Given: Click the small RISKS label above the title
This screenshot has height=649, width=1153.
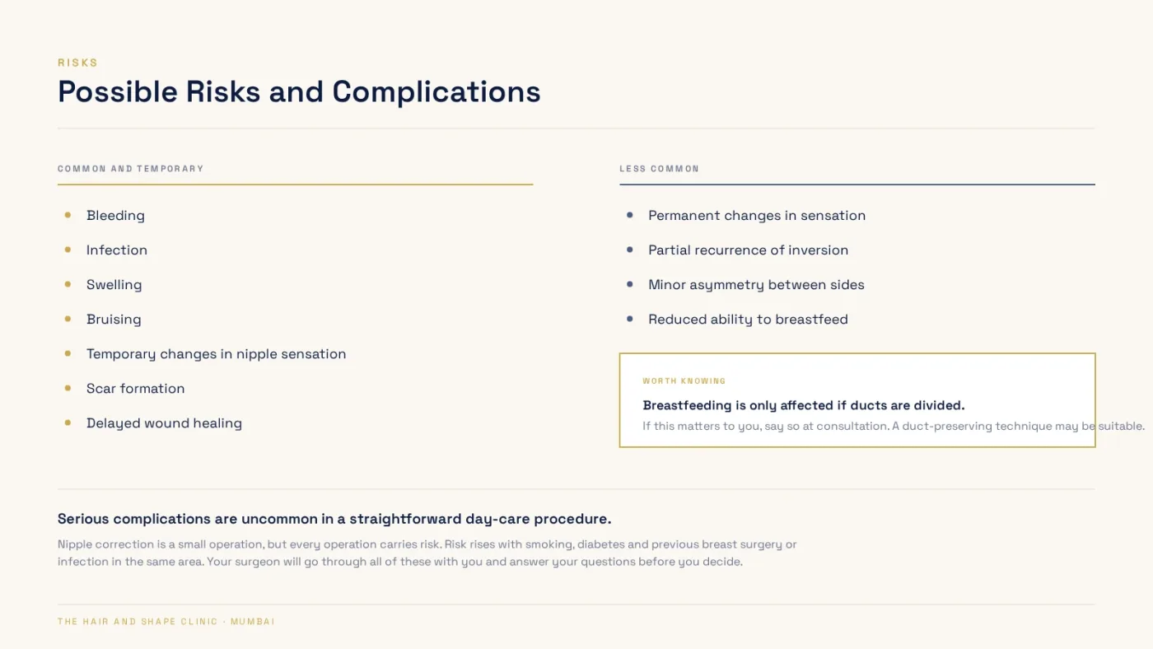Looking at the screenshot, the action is pos(77,63).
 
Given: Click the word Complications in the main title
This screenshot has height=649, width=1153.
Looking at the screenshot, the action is pos(436,91).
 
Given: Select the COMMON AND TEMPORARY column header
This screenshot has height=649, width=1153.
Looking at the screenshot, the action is pos(131,169).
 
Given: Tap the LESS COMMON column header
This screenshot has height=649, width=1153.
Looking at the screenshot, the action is pos(660,169).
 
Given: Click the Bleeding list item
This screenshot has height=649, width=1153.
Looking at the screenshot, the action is pos(115,215).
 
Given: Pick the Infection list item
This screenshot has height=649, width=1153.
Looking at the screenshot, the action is pos(117,250).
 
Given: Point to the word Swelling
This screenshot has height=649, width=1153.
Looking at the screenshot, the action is pos(114,285).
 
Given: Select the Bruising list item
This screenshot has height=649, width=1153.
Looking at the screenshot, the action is pos(114,319).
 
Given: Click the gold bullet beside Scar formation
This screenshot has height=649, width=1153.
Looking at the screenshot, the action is pos(68,388).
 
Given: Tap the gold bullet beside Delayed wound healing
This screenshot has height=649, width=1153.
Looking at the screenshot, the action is pos(68,423).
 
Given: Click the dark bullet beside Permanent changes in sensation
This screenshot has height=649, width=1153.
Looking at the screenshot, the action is pos(629,215).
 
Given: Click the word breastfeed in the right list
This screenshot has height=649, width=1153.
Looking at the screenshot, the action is pos(812,319).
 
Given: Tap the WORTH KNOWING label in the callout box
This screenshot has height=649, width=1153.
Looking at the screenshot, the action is pos(684,381).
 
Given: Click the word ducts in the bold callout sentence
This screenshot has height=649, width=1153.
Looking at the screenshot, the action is pos(868,405).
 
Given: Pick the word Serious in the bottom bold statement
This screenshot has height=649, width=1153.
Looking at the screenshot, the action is pos(83,519).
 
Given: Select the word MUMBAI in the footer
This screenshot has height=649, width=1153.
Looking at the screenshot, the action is pos(253,622).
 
